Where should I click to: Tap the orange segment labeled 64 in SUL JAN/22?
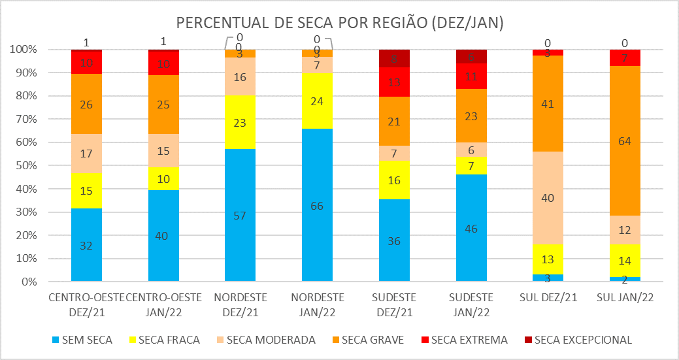pyautogui.click(x=625, y=140)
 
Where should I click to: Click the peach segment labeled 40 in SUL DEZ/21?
pyautogui.click(x=548, y=197)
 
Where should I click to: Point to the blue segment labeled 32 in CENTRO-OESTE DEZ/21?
pyautogui.click(x=86, y=245)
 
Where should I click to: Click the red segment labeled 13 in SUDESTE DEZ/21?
pyautogui.click(x=394, y=82)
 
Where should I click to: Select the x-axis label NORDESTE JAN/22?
pyautogui.click(x=317, y=304)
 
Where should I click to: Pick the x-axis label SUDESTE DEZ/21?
pyautogui.click(x=394, y=304)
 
